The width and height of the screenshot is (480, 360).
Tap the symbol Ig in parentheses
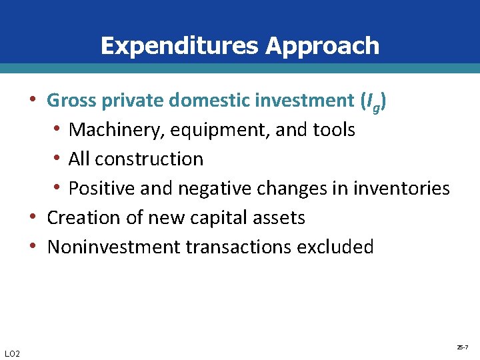point(371,102)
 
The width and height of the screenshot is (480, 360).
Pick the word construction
point(149,159)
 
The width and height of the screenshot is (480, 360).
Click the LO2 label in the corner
point(11,353)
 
